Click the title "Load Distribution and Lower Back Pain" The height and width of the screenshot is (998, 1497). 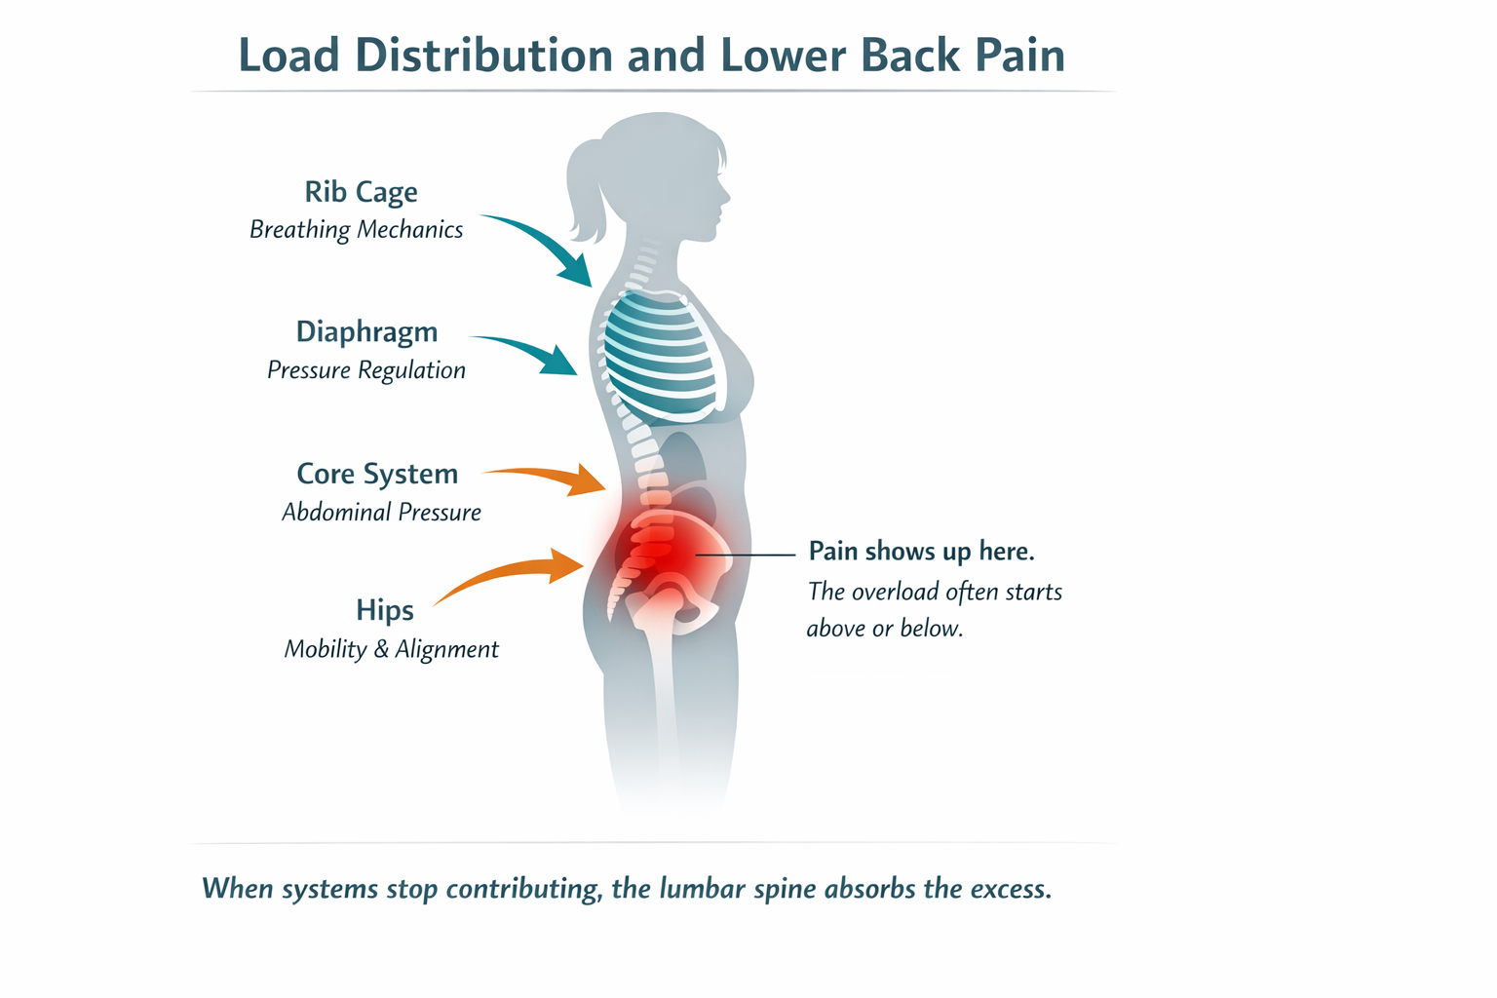click(x=651, y=55)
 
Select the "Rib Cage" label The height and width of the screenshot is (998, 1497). click(x=361, y=192)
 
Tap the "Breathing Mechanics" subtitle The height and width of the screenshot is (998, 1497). click(x=356, y=230)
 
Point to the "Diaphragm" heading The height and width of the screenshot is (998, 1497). click(x=366, y=332)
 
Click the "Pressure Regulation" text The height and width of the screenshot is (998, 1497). click(x=365, y=370)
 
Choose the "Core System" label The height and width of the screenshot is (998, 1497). click(x=377, y=474)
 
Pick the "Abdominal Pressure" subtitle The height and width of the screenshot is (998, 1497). click(x=381, y=513)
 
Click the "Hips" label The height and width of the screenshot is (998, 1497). click(x=384, y=611)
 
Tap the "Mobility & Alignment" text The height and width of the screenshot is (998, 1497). click(x=391, y=650)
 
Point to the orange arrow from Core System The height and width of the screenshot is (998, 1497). click(x=551, y=478)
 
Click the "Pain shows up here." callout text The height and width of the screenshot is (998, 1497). click(x=921, y=552)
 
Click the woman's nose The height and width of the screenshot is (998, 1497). click(x=725, y=195)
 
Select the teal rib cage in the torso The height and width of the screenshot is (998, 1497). click(x=658, y=356)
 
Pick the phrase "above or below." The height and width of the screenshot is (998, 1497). click(x=884, y=629)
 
